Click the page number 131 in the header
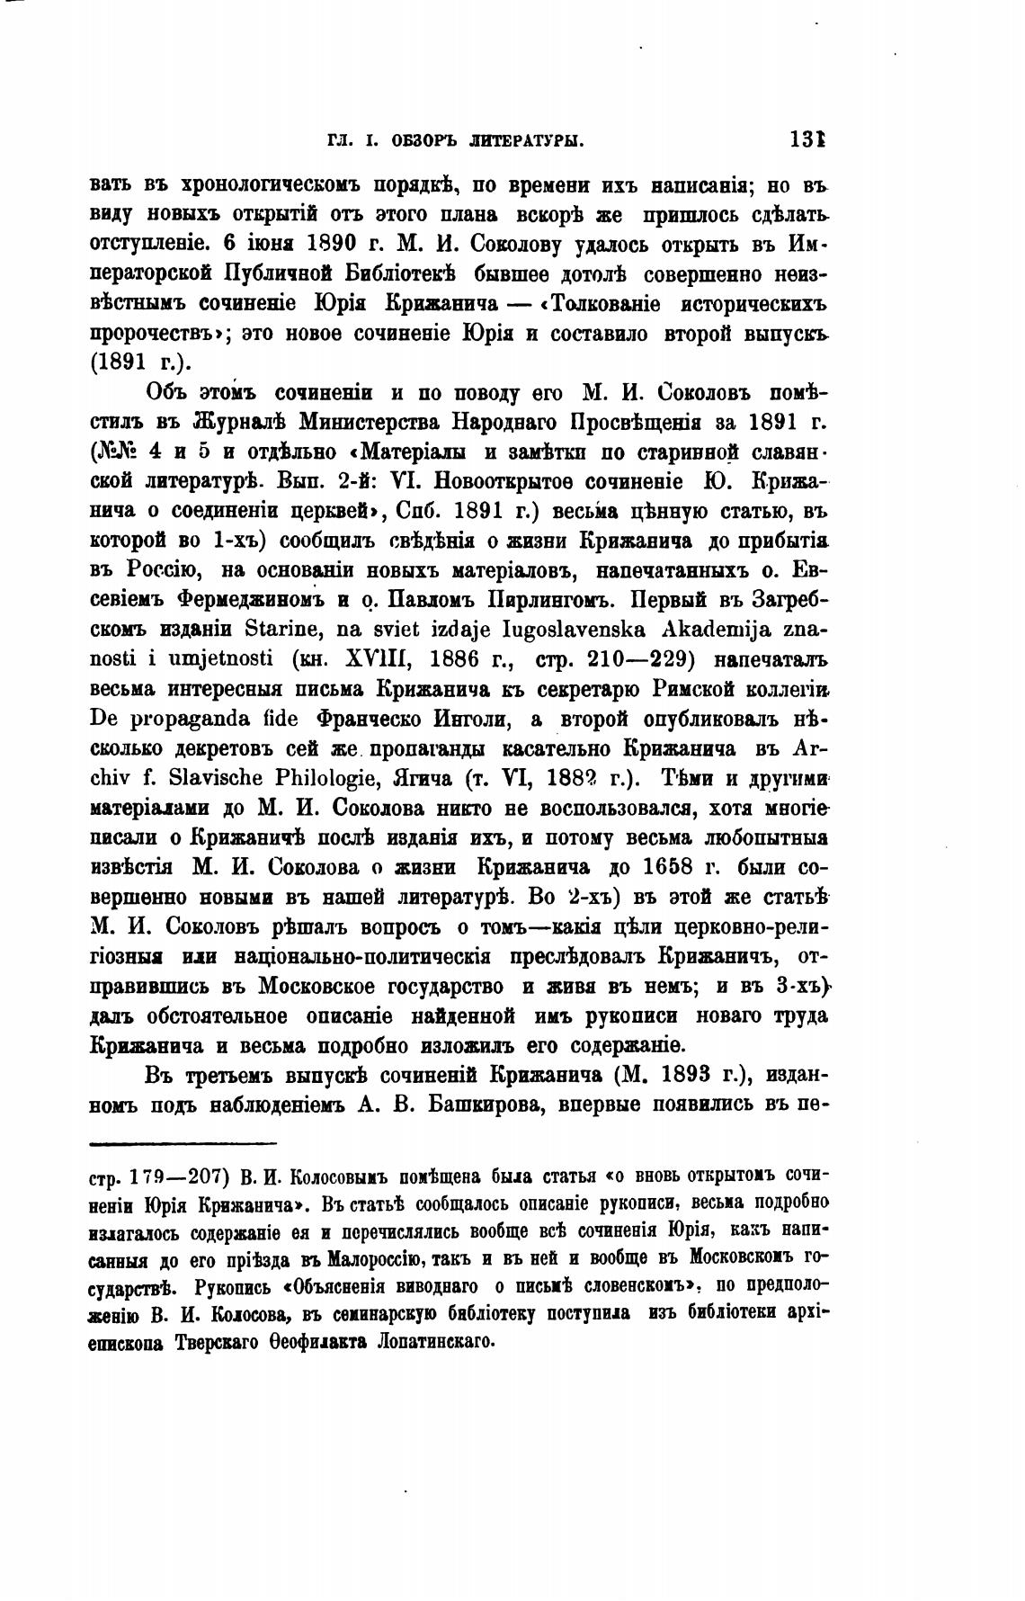(x=808, y=140)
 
